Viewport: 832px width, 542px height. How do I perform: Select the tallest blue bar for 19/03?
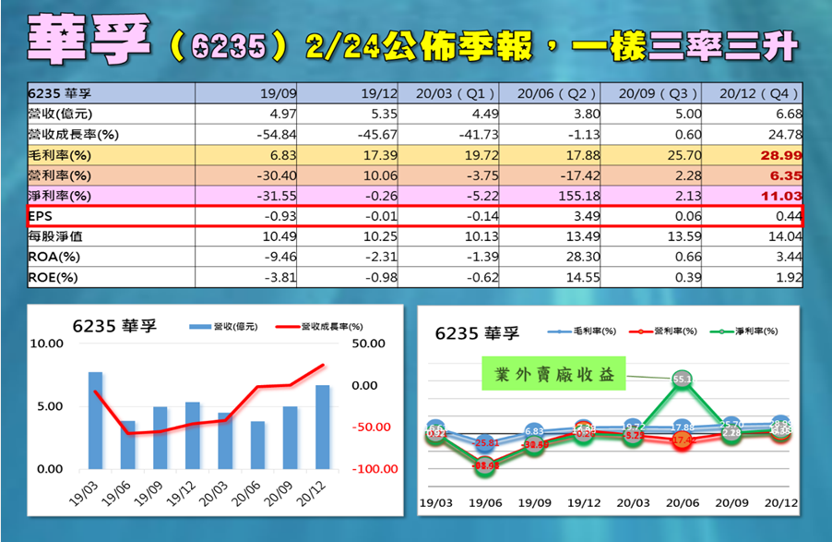coord(95,420)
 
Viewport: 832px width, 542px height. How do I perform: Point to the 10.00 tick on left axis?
coord(45,343)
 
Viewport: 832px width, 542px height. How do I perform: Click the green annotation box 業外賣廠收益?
coord(553,375)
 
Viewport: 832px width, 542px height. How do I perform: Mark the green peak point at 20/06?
coord(683,379)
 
